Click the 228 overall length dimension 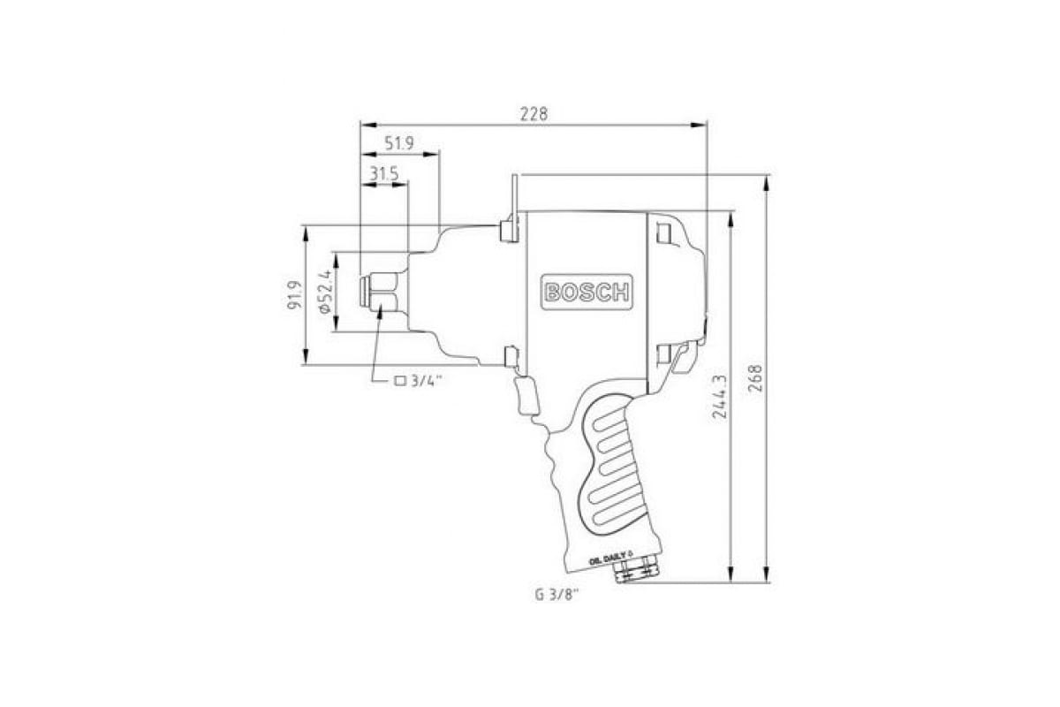pos(534,114)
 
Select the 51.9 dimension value pos(399,143)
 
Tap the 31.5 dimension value pos(383,174)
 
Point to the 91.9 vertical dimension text pos(294,295)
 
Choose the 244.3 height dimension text pos(720,396)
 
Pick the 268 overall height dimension pos(756,378)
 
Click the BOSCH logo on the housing pos(587,293)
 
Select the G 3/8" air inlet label pos(557,596)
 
